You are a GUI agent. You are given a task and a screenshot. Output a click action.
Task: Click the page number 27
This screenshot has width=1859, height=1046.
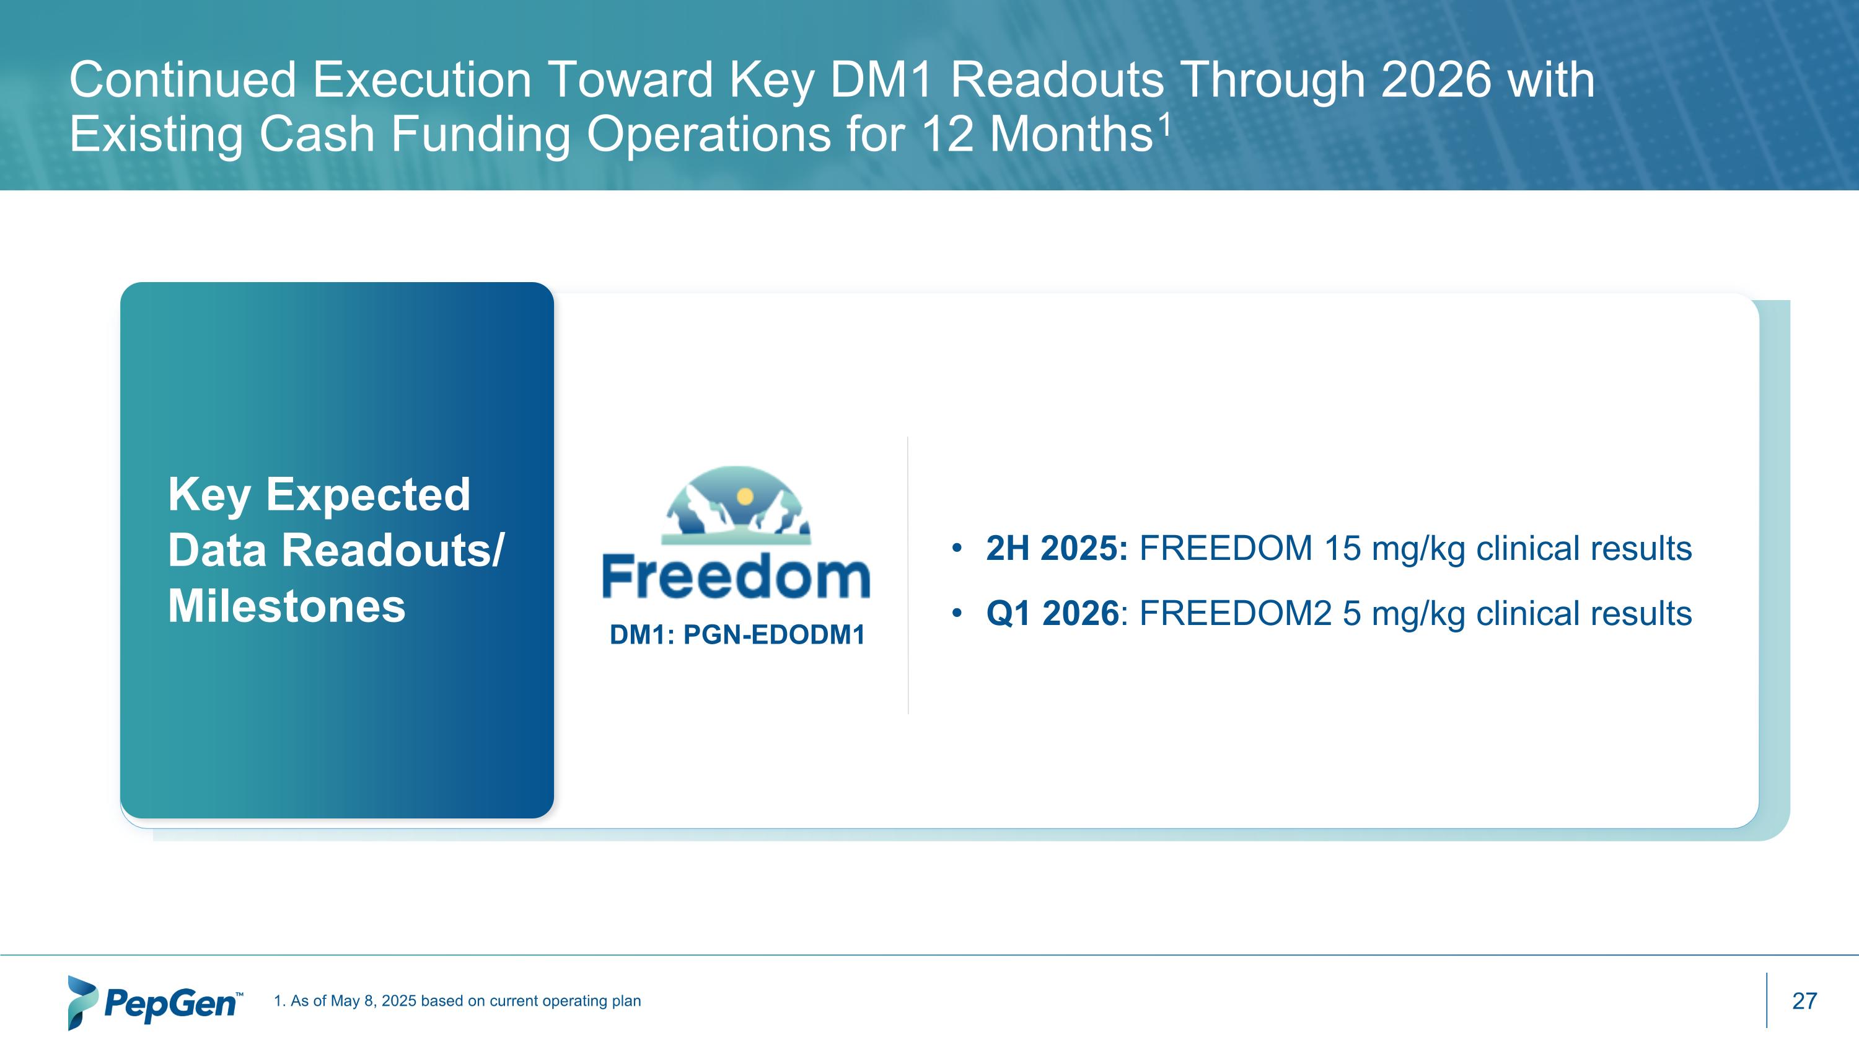click(1804, 1001)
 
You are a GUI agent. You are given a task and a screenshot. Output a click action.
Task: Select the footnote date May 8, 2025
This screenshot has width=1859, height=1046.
click(372, 1001)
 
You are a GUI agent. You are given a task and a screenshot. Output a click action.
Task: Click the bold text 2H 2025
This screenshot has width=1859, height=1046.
click(1057, 548)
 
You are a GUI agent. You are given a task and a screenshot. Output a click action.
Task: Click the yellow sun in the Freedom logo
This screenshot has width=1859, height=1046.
click(745, 497)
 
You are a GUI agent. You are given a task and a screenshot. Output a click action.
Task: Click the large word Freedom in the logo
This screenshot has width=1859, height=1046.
click(736, 577)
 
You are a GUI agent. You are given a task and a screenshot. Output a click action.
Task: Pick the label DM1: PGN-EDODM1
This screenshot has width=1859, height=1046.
click(737, 636)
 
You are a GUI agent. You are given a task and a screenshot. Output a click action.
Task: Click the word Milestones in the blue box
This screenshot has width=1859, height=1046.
click(286, 606)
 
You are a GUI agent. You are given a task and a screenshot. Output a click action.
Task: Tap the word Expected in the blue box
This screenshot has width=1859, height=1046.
click(368, 495)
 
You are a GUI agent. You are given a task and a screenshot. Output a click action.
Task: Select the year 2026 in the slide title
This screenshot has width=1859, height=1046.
click(1435, 79)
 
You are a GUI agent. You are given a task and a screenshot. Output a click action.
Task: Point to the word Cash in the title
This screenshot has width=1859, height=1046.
click(317, 135)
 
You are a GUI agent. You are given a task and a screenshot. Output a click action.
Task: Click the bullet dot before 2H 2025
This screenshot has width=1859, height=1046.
click(957, 548)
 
